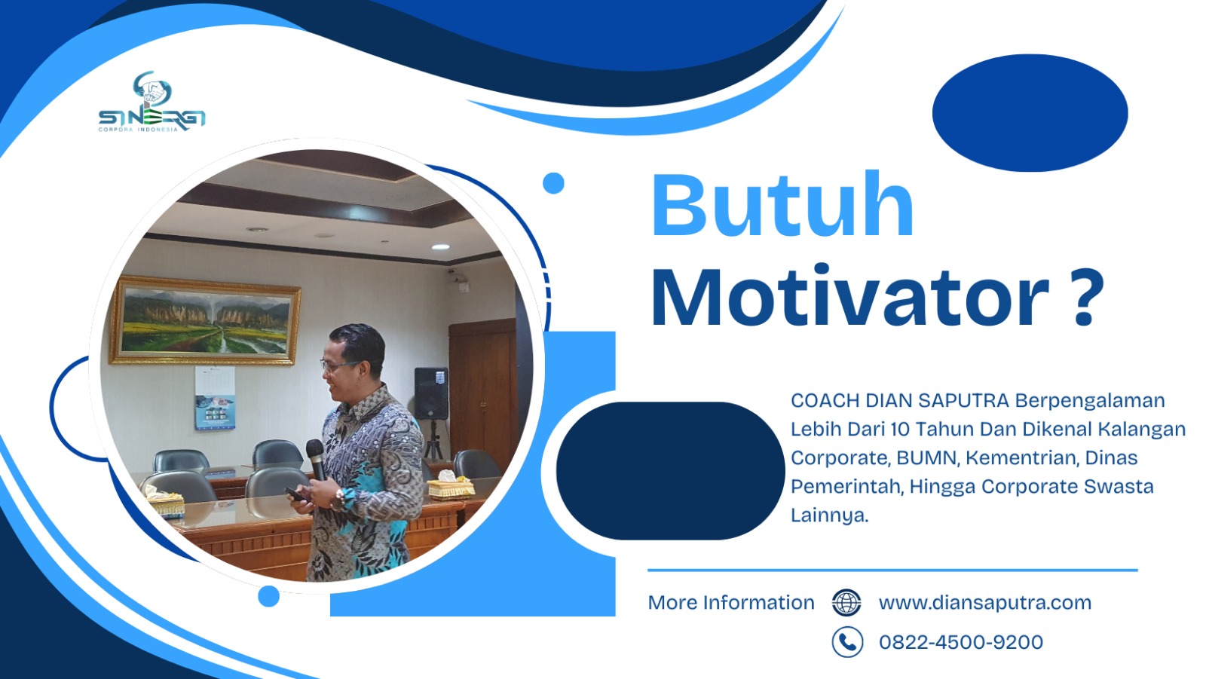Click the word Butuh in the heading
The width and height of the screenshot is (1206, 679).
(x=782, y=205)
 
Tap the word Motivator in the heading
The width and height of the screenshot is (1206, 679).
(x=849, y=298)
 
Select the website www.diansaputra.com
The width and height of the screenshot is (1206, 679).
(x=984, y=603)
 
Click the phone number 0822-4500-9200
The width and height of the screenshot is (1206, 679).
(x=960, y=642)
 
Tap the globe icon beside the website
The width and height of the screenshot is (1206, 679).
(x=846, y=603)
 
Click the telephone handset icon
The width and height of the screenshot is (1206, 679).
(x=847, y=642)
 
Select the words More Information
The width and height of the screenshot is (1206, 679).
(x=730, y=603)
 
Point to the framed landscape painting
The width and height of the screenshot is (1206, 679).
(x=205, y=320)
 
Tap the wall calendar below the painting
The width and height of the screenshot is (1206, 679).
(x=214, y=398)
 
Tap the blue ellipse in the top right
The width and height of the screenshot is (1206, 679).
(x=1030, y=113)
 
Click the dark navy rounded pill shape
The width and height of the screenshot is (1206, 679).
(x=669, y=470)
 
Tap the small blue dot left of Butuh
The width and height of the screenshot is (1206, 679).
(x=553, y=183)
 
